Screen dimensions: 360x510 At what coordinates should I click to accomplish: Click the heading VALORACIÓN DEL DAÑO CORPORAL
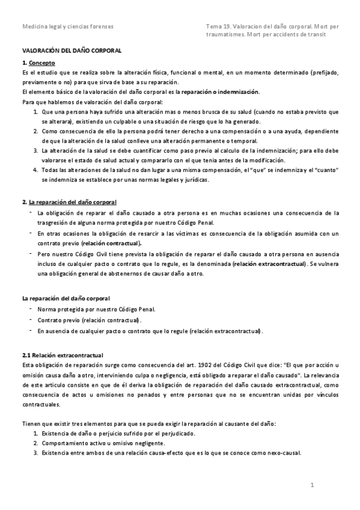pyautogui.click(x=72, y=52)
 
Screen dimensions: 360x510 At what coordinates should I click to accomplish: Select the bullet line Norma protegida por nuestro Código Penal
pyautogui.click(x=96, y=309)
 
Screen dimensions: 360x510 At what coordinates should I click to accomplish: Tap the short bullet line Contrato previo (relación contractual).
pyautogui.click(x=89, y=320)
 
